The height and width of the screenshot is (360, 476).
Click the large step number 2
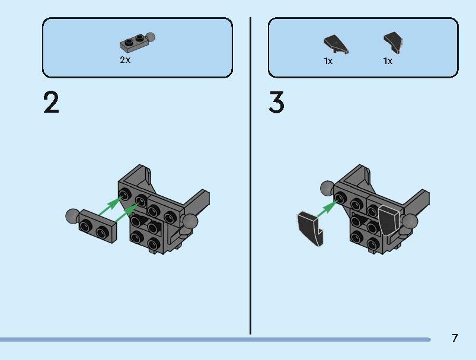pyautogui.click(x=52, y=103)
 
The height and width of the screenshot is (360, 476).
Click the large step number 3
pyautogui.click(x=276, y=103)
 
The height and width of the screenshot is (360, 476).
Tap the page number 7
pyautogui.click(x=455, y=339)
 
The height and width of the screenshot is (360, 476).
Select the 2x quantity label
pyautogui.click(x=125, y=60)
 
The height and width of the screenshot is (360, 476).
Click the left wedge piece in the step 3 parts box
pyautogui.click(x=336, y=43)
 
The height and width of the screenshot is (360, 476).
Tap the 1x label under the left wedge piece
pyautogui.click(x=328, y=60)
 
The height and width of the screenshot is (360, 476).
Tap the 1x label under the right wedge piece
pyautogui.click(x=388, y=60)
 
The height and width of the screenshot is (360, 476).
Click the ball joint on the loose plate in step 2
pyautogui.click(x=72, y=216)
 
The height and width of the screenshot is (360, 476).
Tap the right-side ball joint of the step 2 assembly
pyautogui.click(x=190, y=222)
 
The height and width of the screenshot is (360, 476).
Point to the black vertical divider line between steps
pyautogui.click(x=251, y=178)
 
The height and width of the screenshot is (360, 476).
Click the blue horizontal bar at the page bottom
pyautogui.click(x=213, y=339)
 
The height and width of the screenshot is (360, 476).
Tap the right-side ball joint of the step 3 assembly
pyautogui.click(x=410, y=222)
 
